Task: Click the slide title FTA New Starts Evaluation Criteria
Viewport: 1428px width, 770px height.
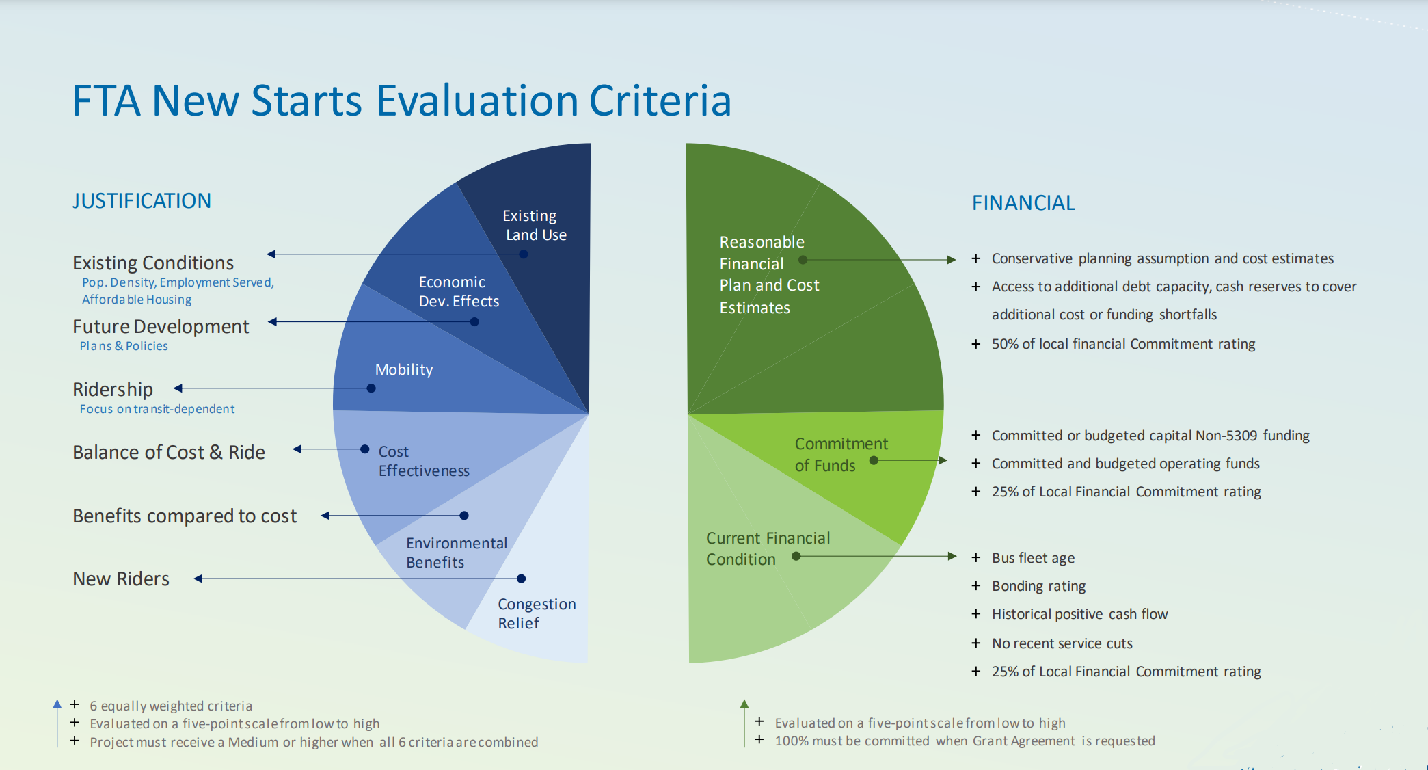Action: pos(402,101)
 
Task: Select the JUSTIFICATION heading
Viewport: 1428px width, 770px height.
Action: pos(142,200)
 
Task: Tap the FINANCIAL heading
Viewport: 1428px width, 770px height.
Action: pos(1023,202)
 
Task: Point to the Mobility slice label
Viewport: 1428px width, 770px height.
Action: pos(404,369)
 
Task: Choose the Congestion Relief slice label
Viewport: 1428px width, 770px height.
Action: pos(537,613)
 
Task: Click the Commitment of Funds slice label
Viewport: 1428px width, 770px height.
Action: pos(841,455)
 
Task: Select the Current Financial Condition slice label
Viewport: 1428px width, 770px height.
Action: pos(768,548)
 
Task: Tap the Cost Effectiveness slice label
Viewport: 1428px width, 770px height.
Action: pos(424,461)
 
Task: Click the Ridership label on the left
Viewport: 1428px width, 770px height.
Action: pos(113,389)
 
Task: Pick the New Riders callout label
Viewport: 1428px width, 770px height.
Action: pos(121,579)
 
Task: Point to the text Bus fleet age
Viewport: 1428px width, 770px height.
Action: pos(1033,558)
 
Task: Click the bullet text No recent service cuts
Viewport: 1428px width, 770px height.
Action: pos(1062,643)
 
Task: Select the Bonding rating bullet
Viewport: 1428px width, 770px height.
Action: pos(1038,586)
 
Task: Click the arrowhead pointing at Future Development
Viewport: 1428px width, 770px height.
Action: pos(273,321)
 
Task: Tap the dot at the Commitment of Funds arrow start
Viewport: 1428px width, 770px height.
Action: pos(874,460)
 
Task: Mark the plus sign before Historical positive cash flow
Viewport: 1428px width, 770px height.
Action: pos(976,614)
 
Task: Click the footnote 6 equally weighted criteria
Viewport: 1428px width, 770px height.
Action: pos(171,706)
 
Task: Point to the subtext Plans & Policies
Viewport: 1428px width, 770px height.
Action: pos(124,346)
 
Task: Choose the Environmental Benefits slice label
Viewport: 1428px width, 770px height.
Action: pos(457,553)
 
